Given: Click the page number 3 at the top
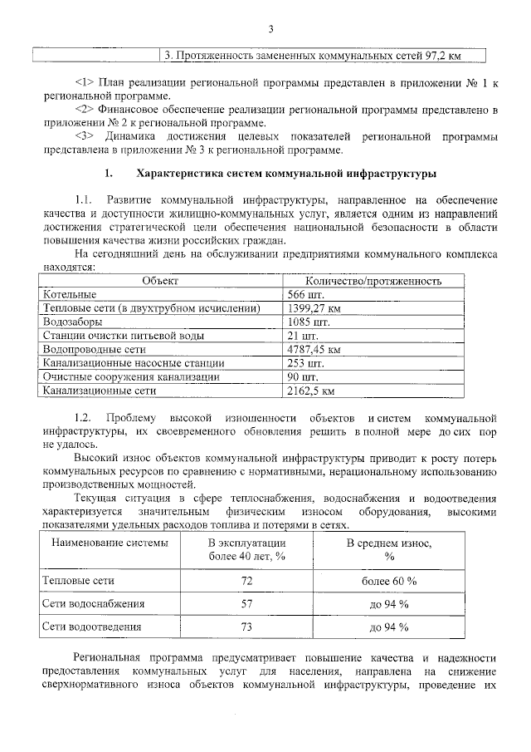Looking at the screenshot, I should [x=270, y=31].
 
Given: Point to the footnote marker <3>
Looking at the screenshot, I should [x=85, y=135].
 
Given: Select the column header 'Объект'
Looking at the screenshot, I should [x=159, y=282].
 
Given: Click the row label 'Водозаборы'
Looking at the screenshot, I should [x=73, y=322].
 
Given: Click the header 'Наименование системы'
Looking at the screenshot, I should [x=110, y=543].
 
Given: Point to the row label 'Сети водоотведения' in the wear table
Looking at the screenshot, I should [x=92, y=627].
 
